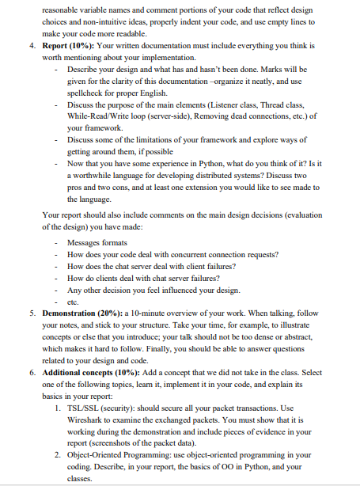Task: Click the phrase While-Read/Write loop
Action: coord(106,115)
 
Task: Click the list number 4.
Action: coord(23,46)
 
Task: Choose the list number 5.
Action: coord(23,313)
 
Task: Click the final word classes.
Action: coord(80,479)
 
